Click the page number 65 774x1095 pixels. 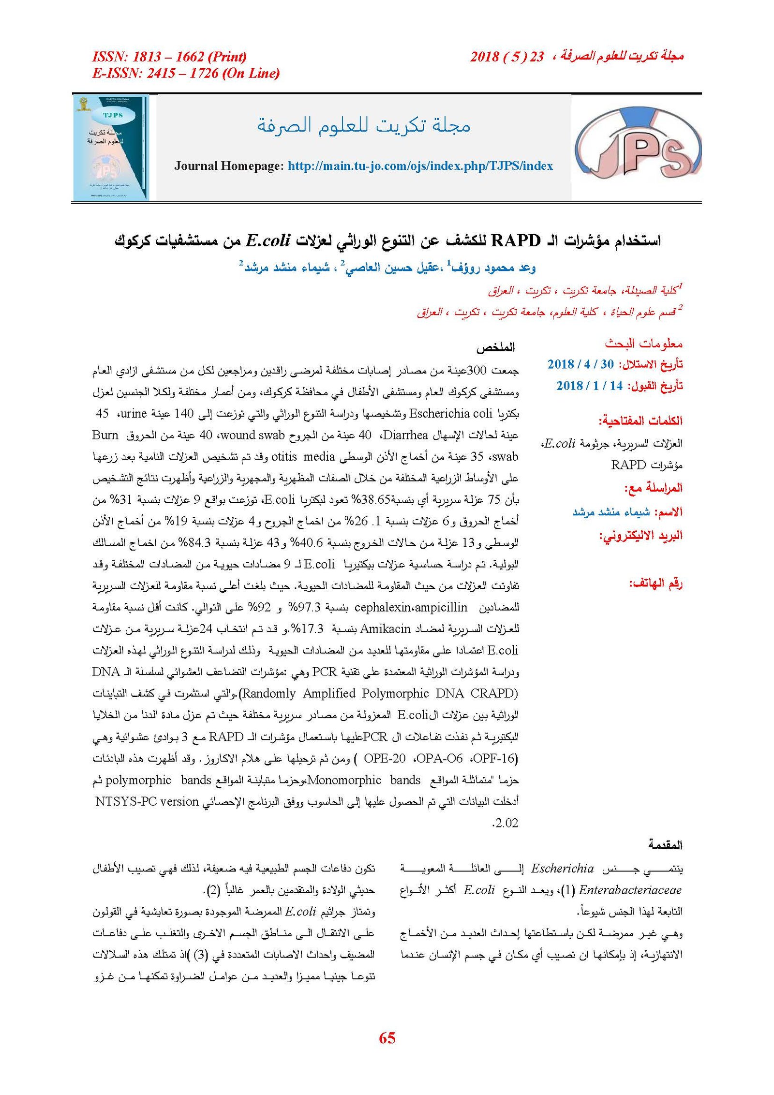[387, 1037]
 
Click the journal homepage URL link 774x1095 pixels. [420, 166]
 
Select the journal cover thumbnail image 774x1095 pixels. [111, 148]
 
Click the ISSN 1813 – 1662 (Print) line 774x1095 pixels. [169, 57]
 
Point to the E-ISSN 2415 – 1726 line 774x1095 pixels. [186, 73]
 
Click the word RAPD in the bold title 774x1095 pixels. [515, 240]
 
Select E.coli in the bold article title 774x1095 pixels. [268, 240]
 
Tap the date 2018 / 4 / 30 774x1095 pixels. [580, 364]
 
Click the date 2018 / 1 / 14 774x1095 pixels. [589, 386]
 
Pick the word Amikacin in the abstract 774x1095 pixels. [385, 629]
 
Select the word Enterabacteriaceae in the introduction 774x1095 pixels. [630, 890]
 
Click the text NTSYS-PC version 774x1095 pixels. [147, 801]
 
